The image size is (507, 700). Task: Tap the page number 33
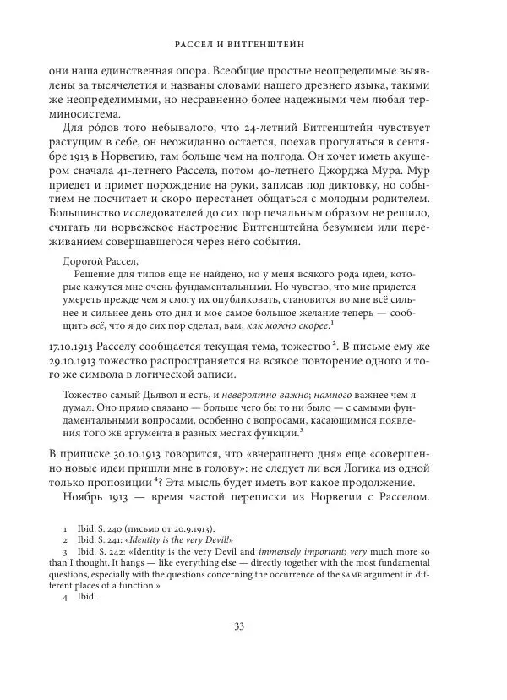pyautogui.click(x=253, y=648)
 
